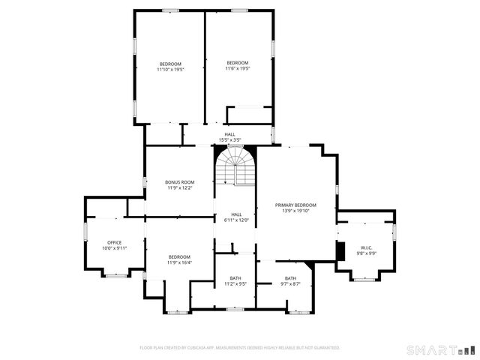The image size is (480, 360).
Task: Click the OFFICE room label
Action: tap(114, 242)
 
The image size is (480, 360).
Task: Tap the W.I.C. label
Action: tap(367, 247)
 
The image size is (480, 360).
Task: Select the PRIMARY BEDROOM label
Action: tap(295, 205)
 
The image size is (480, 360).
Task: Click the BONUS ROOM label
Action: tap(180, 182)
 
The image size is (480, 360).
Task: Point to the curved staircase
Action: tap(236, 165)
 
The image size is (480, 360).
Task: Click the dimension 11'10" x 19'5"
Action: tap(170, 69)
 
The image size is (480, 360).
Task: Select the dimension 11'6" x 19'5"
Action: tap(238, 68)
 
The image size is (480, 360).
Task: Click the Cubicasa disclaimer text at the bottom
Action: tap(240, 348)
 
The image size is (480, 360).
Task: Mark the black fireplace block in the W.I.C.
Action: tap(340, 251)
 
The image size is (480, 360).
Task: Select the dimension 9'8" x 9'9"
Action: tap(367, 253)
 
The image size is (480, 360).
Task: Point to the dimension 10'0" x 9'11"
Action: tap(114, 248)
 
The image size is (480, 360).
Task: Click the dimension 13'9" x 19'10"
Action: tap(295, 211)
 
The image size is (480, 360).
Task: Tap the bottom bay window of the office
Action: tap(115, 276)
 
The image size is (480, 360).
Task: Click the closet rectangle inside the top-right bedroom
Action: tap(249, 115)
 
